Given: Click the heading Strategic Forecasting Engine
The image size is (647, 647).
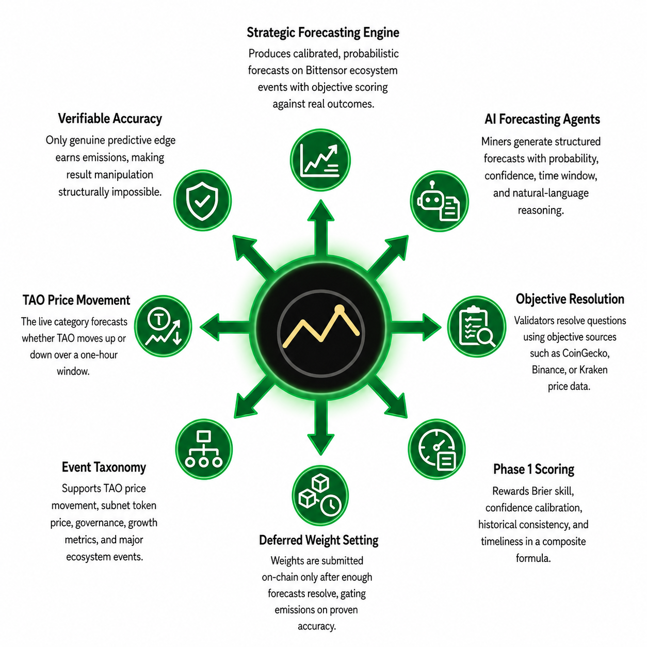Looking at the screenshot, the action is point(323,33).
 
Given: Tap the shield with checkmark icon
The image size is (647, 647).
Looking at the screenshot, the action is point(202,200).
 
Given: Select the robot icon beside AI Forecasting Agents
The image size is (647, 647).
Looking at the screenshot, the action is point(439,201).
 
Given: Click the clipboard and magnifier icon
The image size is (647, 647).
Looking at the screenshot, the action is point(476,326).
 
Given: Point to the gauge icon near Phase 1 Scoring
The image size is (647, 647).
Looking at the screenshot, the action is point(437,449).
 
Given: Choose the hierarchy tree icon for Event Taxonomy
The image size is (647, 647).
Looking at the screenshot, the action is point(204,449).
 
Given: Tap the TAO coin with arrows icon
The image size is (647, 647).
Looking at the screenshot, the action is point(163,326).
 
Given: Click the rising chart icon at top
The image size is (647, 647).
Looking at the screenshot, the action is point(320,160).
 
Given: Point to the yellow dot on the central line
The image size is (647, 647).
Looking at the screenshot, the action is point(339,309).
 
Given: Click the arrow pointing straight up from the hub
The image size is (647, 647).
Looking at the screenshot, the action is point(320,229).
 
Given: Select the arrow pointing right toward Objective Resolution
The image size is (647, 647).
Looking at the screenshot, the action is point(416,327).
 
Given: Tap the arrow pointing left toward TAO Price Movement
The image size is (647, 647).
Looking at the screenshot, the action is point(225,327).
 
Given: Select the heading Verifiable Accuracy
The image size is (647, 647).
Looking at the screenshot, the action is point(110,119).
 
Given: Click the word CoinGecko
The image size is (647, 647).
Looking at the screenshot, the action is point(586,353).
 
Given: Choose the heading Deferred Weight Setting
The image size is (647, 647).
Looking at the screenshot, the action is point(319,540).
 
